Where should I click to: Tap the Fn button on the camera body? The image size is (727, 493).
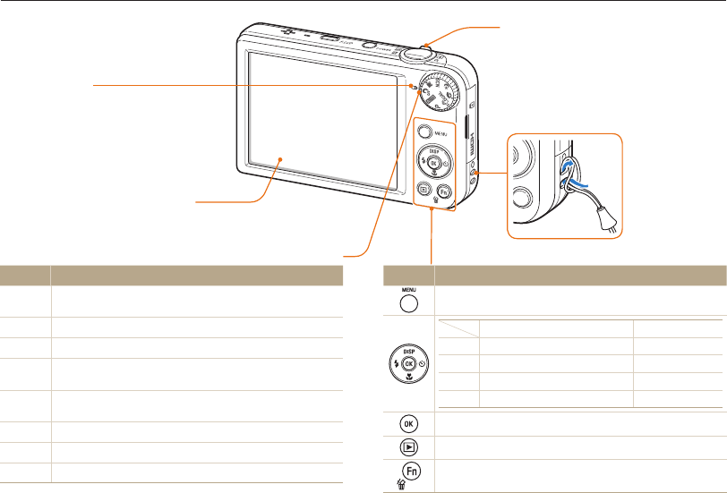[444, 190]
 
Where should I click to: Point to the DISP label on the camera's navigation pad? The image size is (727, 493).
[434, 151]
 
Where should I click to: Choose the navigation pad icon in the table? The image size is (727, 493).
[409, 364]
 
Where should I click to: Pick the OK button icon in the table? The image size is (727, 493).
[409, 421]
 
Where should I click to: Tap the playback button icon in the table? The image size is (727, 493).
[409, 445]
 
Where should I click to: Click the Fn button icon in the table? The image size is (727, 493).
[412, 469]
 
